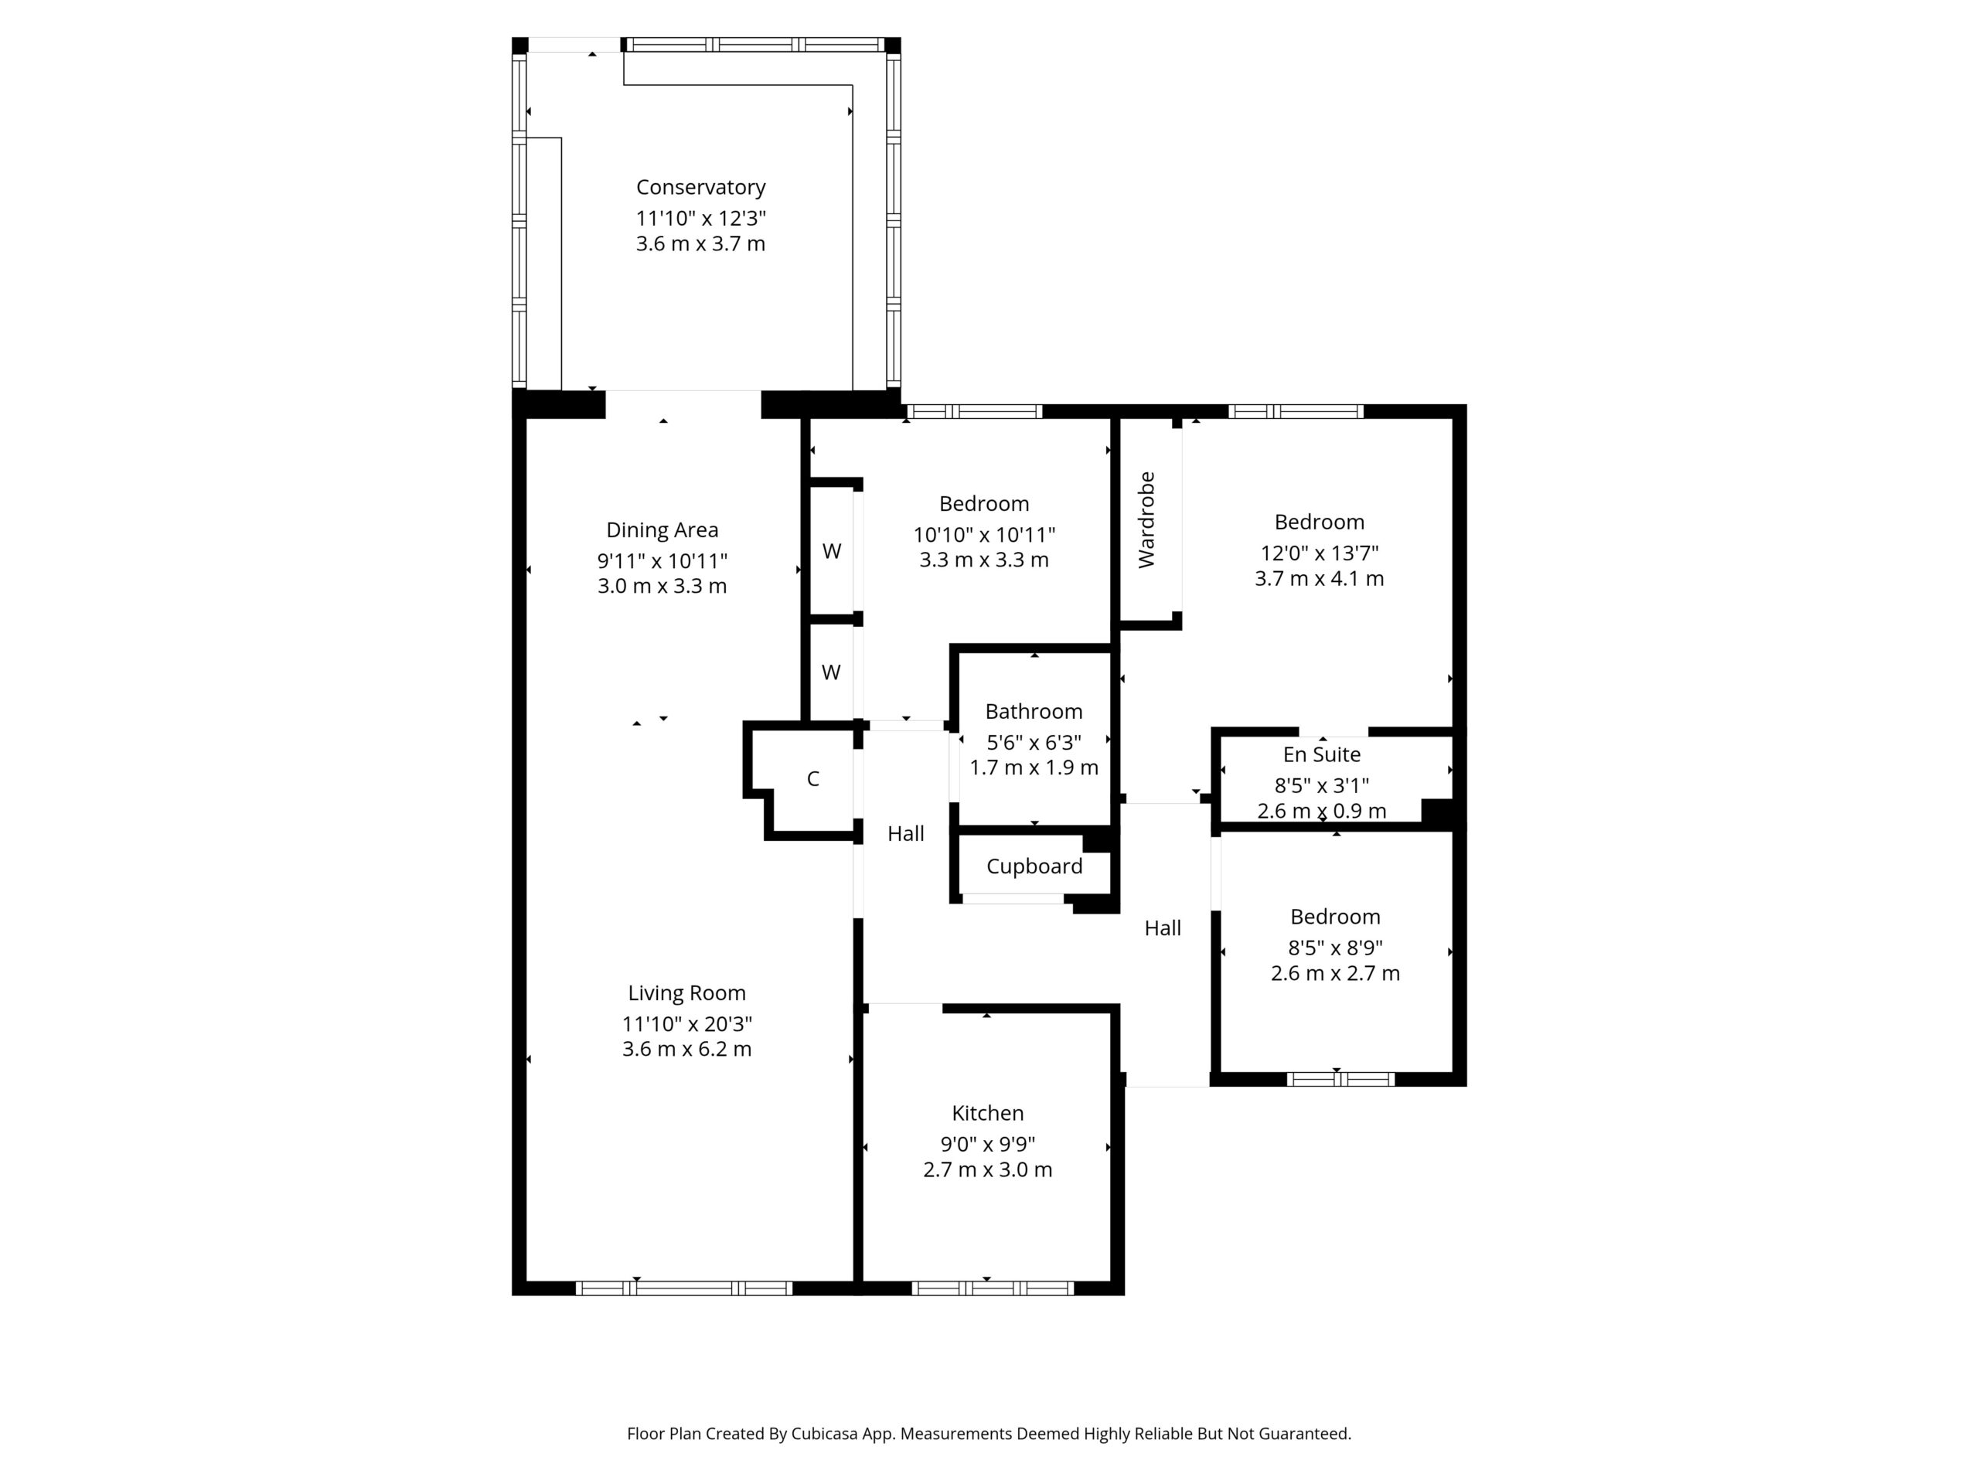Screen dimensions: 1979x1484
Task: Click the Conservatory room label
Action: tap(700, 188)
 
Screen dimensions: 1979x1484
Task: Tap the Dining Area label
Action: tap(662, 530)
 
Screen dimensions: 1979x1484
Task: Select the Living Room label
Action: tap(686, 994)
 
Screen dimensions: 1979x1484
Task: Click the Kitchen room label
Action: tap(988, 1114)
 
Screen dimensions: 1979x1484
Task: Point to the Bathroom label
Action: tap(1034, 712)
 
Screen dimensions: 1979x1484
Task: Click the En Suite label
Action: tap(1321, 755)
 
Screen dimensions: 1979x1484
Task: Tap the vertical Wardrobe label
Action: tap(1146, 519)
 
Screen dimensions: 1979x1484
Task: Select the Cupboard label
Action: tap(1034, 866)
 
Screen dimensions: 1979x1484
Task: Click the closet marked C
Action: tap(812, 779)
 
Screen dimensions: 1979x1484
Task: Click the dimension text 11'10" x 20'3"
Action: tap(687, 1024)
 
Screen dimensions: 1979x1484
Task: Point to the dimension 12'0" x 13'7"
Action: tap(1320, 553)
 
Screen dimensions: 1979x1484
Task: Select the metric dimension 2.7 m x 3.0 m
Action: tap(988, 1170)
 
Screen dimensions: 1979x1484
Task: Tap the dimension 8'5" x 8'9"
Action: tap(1336, 948)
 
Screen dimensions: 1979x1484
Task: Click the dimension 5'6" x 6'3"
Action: tap(1034, 743)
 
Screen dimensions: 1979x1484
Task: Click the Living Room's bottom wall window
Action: tap(683, 1288)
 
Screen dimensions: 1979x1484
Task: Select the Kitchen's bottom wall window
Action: tap(993, 1288)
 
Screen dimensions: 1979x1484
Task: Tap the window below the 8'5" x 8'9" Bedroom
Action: tap(1340, 1079)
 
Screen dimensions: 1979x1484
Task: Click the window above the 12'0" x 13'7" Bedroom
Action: tap(1296, 411)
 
